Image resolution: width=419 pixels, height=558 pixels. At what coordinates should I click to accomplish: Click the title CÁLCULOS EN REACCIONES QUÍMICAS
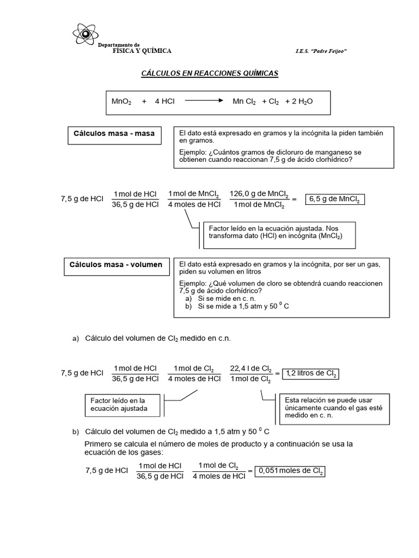[x=210, y=73]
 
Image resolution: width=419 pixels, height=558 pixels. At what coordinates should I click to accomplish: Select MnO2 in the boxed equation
[x=121, y=101]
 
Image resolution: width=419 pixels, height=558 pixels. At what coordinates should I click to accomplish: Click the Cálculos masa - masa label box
[x=114, y=134]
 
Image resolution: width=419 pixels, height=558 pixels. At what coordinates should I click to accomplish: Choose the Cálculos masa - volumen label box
[x=116, y=265]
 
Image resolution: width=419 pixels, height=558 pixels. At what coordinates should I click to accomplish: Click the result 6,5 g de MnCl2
[x=334, y=199]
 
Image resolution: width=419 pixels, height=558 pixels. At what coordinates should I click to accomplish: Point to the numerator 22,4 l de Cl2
[x=250, y=368]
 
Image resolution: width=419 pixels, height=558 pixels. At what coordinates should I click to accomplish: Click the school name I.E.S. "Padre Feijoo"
[x=321, y=51]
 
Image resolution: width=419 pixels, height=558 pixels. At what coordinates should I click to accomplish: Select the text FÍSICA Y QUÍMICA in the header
[x=142, y=51]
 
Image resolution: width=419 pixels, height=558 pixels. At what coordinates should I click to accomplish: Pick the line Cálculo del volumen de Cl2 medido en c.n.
[x=158, y=338]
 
